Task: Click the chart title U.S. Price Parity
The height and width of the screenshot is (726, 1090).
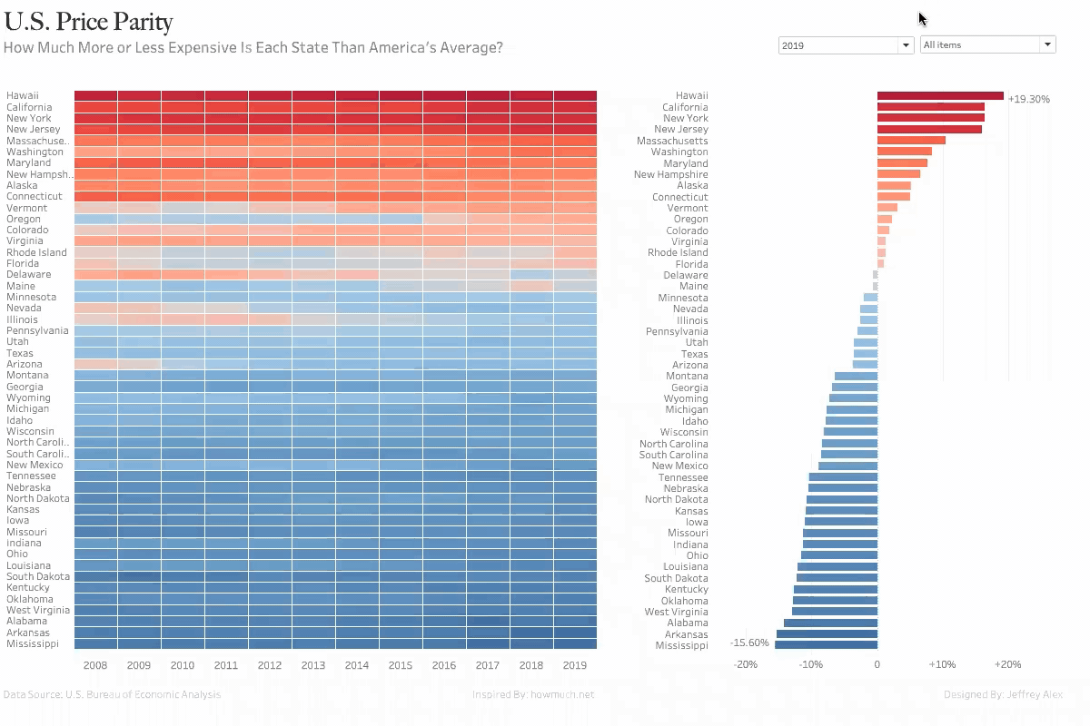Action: (88, 22)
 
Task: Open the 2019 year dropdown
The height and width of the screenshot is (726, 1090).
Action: (846, 45)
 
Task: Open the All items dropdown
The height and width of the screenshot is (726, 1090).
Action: (987, 44)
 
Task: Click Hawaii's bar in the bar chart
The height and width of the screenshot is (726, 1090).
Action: (940, 95)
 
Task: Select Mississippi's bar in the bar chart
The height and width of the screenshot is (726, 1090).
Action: (826, 644)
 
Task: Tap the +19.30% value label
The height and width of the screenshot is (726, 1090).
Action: (1028, 99)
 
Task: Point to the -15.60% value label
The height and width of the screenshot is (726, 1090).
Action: (749, 643)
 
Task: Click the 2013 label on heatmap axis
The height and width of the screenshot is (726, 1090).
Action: (313, 665)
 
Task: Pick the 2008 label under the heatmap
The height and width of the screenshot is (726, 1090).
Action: (95, 665)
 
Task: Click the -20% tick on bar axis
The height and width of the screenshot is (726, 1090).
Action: (746, 664)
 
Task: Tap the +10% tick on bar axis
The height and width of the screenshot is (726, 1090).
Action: (942, 664)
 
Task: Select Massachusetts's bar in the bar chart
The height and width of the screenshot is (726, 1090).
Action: (911, 141)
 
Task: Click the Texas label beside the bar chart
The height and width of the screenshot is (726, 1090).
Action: (694, 354)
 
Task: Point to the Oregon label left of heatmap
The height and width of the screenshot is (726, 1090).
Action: (24, 219)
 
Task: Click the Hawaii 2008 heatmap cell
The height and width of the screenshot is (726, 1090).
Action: (95, 95)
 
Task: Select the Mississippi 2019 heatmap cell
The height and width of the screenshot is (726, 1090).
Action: (575, 644)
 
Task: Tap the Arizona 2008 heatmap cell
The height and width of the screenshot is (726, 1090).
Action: (95, 364)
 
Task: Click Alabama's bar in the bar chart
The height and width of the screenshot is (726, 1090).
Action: (830, 623)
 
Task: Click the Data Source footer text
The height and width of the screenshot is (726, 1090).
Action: (112, 695)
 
